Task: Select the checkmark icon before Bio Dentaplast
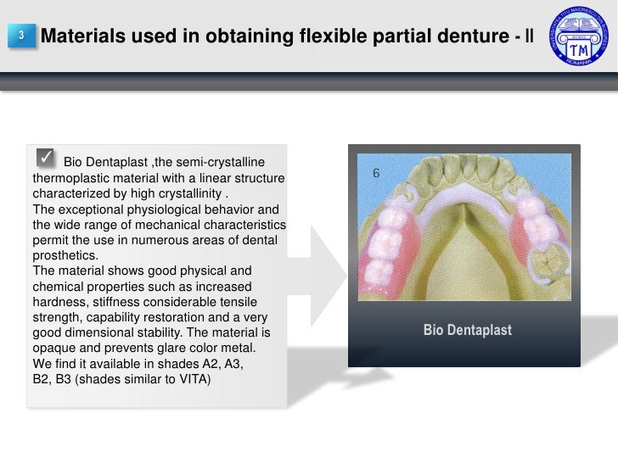46,158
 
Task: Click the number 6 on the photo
376,174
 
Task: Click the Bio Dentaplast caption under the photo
467,330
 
